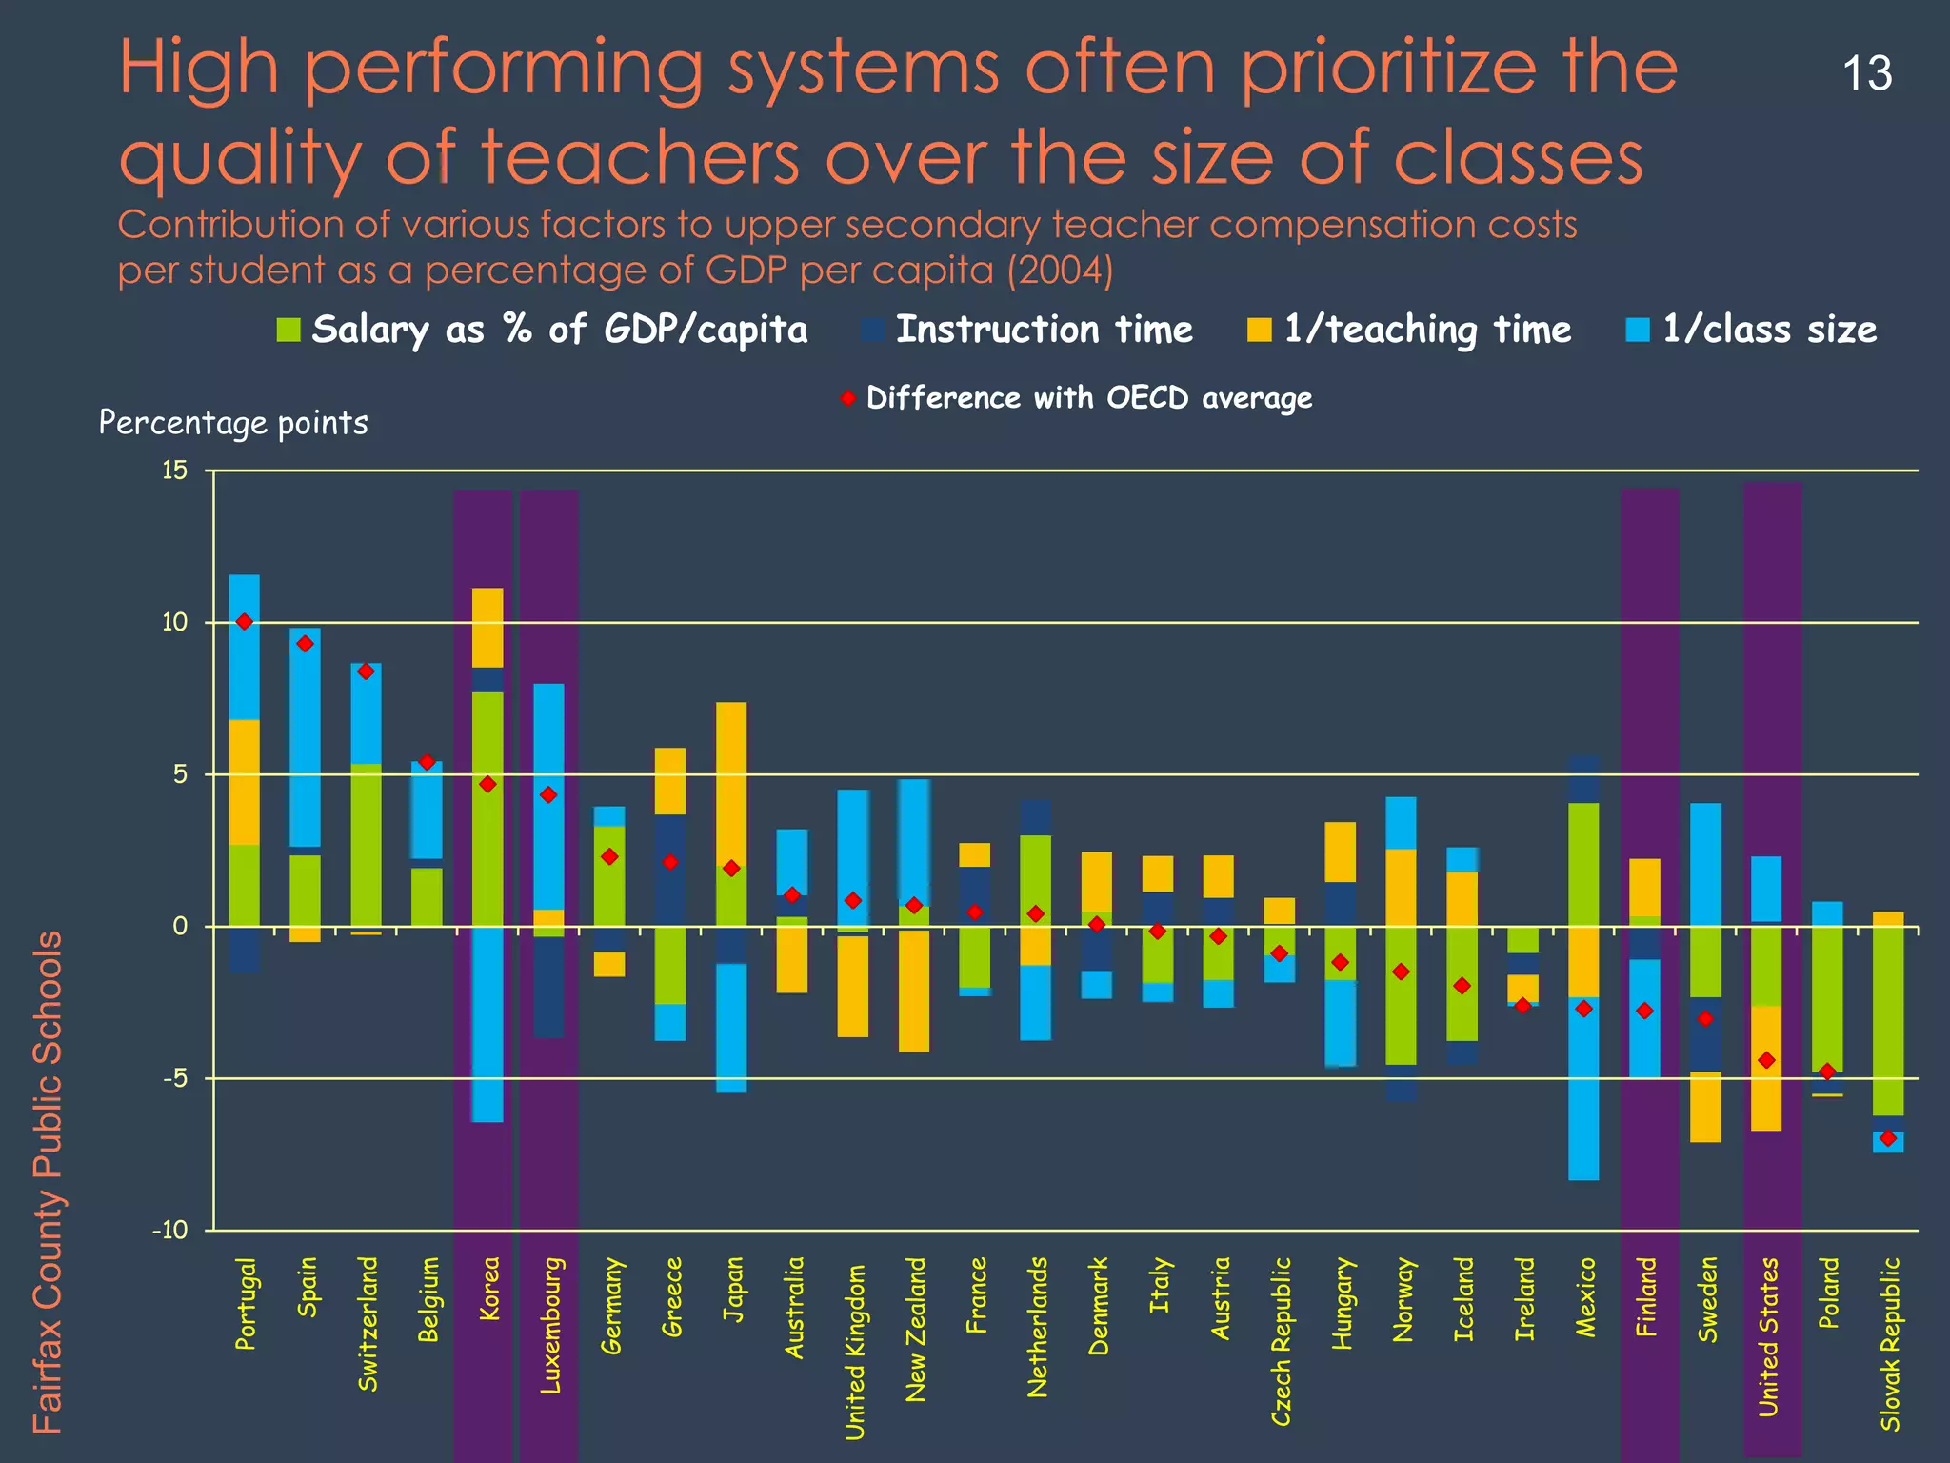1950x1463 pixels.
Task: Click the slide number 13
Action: (x=1867, y=74)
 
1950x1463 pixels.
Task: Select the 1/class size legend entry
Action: (x=1752, y=330)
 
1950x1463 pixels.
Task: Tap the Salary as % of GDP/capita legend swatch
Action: (x=289, y=331)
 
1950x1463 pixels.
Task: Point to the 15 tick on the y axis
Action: (x=174, y=471)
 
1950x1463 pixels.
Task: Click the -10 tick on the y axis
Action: (x=170, y=1231)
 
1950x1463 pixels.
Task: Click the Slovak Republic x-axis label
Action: (x=1890, y=1343)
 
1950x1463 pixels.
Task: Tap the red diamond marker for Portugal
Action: (x=245, y=622)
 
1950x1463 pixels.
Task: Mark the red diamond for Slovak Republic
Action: (x=1888, y=1138)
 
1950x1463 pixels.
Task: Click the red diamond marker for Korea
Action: (x=487, y=784)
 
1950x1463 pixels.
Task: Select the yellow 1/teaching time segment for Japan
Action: (x=731, y=781)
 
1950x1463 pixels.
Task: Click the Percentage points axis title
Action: (x=233, y=423)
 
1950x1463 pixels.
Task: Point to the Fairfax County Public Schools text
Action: (x=47, y=1181)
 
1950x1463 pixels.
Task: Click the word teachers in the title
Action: (x=639, y=157)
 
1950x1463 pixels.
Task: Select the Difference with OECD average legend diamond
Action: (x=848, y=398)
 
